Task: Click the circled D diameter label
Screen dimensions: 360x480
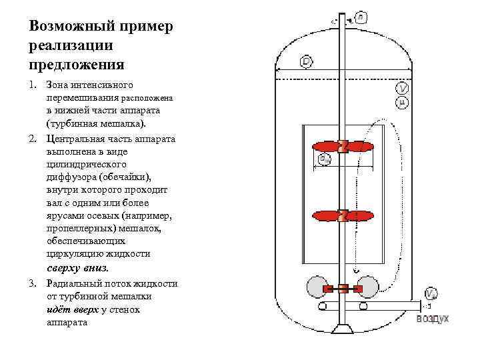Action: coord(306,62)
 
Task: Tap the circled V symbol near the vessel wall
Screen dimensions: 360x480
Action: coord(402,88)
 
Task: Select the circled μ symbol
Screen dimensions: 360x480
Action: coord(402,102)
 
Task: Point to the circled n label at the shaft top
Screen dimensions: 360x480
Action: coord(360,17)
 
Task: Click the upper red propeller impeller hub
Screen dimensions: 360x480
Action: coord(343,147)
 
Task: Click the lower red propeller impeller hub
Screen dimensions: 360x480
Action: coord(343,216)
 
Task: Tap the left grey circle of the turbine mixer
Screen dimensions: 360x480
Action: coord(316,288)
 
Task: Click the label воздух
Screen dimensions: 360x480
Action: coord(433,319)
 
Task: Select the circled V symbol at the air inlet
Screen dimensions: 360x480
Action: coord(431,294)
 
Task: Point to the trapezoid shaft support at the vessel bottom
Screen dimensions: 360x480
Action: coord(343,329)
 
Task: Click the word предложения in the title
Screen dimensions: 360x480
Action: coord(77,64)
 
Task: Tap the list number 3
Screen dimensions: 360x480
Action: coord(33,283)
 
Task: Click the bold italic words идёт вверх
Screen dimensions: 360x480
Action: coord(72,309)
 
